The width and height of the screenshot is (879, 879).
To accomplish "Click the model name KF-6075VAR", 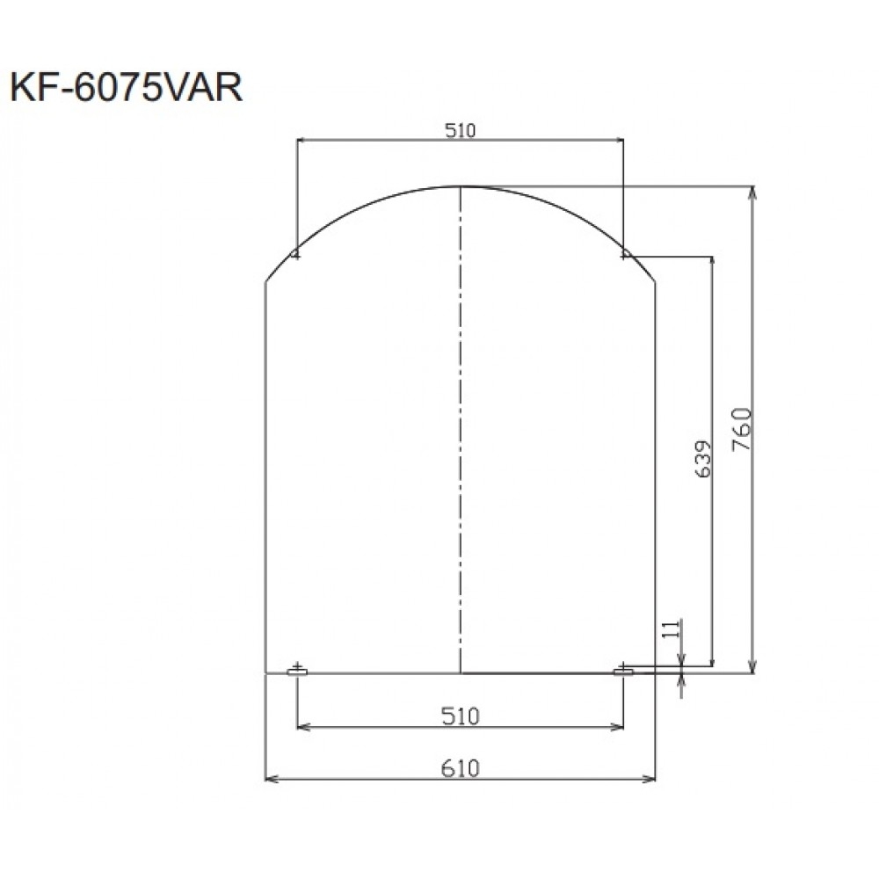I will pos(125,89).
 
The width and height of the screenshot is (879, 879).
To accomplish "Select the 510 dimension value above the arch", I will pos(460,131).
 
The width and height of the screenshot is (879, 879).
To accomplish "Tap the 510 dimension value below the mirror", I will pos(460,716).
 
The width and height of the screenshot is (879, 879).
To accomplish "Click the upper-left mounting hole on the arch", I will pos(297,254).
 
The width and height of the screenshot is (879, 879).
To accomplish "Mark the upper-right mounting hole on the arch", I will pos(623,254).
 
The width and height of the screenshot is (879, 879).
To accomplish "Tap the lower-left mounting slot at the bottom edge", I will pos(297,672).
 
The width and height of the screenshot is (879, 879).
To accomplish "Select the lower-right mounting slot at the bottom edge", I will pos(623,672).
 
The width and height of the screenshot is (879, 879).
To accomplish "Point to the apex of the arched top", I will pos(461,186).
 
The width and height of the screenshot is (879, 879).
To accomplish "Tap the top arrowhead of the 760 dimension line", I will pos(752,191).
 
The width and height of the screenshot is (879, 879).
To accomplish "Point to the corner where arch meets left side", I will pos(265,281).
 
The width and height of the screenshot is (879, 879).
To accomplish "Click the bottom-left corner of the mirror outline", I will pos(265,673).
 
